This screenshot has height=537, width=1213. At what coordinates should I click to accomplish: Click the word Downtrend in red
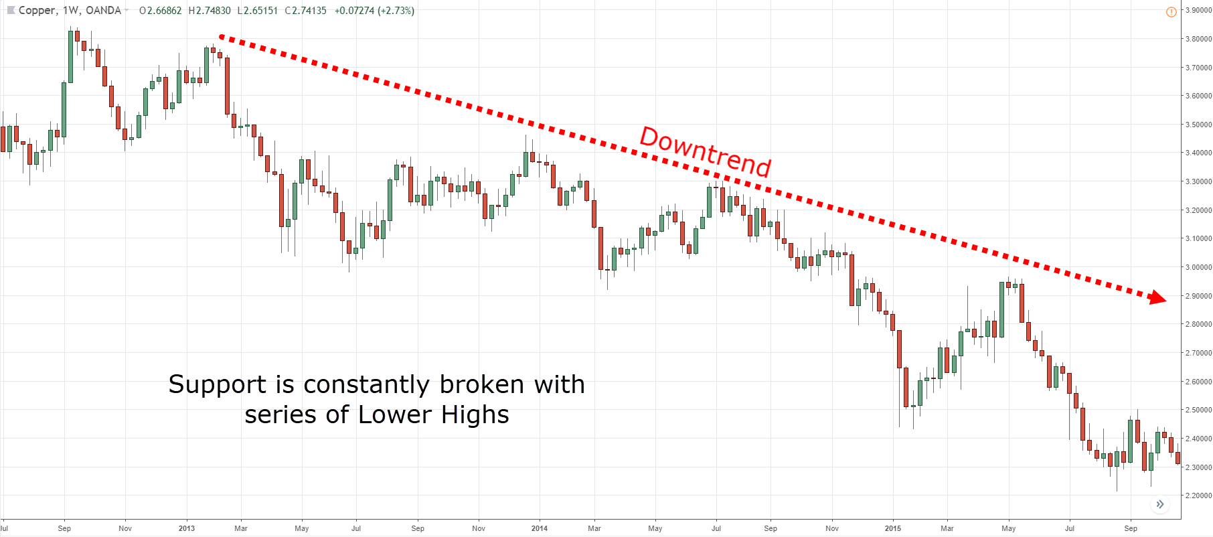pyautogui.click(x=706, y=152)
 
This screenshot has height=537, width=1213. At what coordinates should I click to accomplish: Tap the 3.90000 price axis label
pyautogui.click(x=1198, y=11)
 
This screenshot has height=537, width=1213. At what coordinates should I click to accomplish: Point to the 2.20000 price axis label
pyautogui.click(x=1198, y=496)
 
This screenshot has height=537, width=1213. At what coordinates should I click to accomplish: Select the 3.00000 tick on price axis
pyautogui.click(x=1198, y=268)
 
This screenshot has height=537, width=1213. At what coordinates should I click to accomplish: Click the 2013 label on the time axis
pyautogui.click(x=187, y=528)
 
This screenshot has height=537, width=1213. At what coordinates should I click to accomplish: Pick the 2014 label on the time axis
pyautogui.click(x=540, y=528)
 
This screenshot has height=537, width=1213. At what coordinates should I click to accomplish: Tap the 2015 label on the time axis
pyautogui.click(x=893, y=528)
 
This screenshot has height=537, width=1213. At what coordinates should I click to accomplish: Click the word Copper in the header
pyautogui.click(x=37, y=11)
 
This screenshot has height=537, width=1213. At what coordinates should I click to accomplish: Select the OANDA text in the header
pyautogui.click(x=103, y=11)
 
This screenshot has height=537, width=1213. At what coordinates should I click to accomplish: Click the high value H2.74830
pyautogui.click(x=210, y=11)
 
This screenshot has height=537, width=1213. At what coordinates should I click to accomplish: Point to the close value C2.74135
pyautogui.click(x=306, y=11)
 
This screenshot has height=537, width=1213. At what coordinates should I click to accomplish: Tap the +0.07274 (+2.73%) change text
pyautogui.click(x=374, y=11)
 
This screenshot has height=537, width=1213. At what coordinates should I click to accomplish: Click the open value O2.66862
pyautogui.click(x=160, y=11)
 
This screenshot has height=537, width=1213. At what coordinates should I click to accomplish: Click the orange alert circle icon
pyautogui.click(x=1171, y=11)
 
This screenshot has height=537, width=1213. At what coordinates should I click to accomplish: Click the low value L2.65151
pyautogui.click(x=258, y=11)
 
